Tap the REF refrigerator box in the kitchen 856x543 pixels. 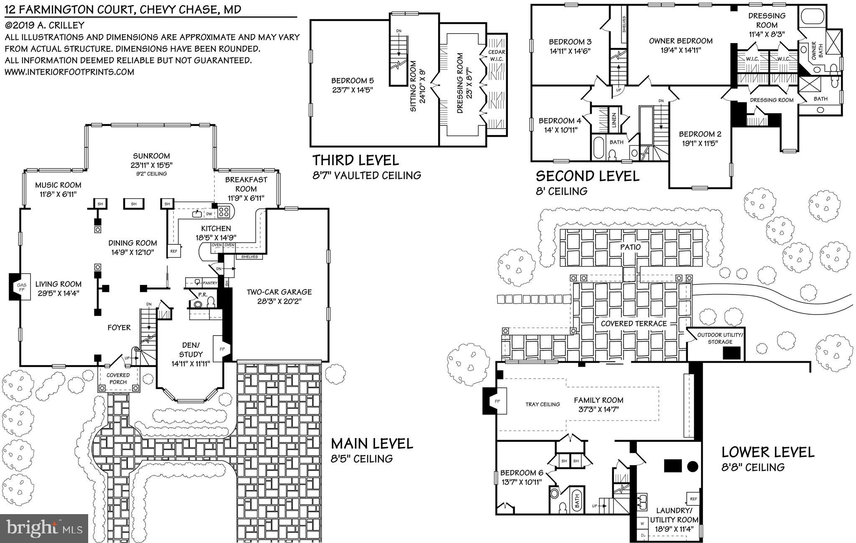pyautogui.click(x=174, y=251)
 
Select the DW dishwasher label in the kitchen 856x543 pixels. pyautogui.click(x=209, y=214)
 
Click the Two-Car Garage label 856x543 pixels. pyautogui.click(x=279, y=292)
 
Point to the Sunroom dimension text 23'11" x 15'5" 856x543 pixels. pyautogui.click(x=151, y=165)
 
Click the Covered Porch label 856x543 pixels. pyautogui.click(x=118, y=378)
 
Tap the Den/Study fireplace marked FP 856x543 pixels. pyautogui.click(x=222, y=348)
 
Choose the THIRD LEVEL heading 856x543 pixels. pyautogui.click(x=356, y=160)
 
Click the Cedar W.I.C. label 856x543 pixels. pyautogui.click(x=497, y=55)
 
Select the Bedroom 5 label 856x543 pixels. pyautogui.click(x=352, y=81)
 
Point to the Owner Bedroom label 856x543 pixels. pyautogui.click(x=680, y=41)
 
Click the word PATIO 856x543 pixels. pyautogui.click(x=630, y=247)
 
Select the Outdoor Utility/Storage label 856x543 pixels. pyautogui.click(x=720, y=338)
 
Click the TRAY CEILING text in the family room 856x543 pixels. pyautogui.click(x=543, y=404)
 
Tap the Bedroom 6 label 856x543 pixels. pyautogui.click(x=522, y=473)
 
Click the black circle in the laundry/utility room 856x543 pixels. pyautogui.click(x=693, y=466)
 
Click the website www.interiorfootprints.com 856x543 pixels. pyautogui.click(x=69, y=72)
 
